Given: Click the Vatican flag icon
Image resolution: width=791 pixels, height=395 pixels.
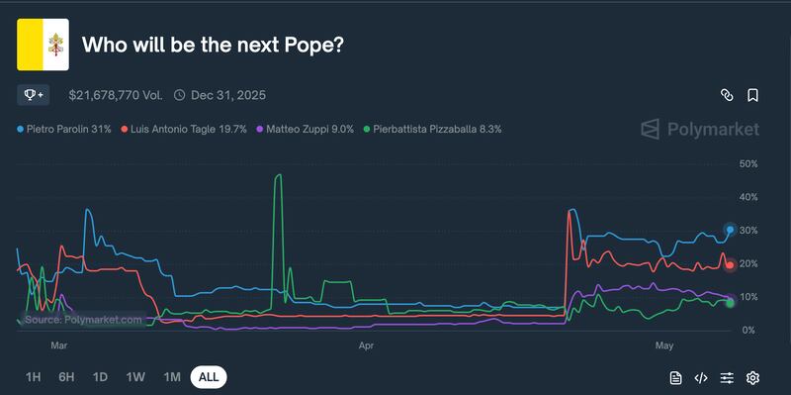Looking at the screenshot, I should click(x=43, y=45).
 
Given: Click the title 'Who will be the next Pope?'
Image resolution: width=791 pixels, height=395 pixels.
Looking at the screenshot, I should click(x=212, y=45).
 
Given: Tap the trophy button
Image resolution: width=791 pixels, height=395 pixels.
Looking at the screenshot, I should click(x=33, y=95).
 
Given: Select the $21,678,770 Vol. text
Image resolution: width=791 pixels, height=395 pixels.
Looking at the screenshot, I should click(x=115, y=95).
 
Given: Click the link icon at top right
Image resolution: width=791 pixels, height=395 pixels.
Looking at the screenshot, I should click(x=727, y=95).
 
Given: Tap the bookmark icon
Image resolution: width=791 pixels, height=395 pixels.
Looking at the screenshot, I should click(x=753, y=95).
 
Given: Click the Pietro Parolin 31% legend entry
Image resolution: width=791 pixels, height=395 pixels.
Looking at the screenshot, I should click(x=64, y=129).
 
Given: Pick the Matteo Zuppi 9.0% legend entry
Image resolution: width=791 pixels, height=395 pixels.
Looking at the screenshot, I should click(x=305, y=129).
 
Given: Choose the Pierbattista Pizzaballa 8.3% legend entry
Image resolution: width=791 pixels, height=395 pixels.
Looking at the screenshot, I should click(x=432, y=129).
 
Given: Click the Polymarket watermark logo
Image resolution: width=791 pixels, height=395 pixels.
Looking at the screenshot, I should click(x=699, y=129).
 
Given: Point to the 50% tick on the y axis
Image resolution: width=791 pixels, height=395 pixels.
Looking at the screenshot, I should click(x=748, y=164).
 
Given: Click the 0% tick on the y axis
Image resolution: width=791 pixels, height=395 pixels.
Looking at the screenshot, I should click(x=748, y=331).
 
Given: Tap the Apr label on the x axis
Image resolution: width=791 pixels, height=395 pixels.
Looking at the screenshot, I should click(x=366, y=346).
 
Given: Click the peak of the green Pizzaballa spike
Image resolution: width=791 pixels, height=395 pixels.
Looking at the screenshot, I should click(x=279, y=175).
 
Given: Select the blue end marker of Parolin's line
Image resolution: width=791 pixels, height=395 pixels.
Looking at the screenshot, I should click(x=730, y=230).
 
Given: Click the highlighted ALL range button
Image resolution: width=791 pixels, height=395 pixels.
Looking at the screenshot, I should click(x=209, y=377).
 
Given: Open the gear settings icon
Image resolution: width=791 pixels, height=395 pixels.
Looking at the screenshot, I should click(x=752, y=377).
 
